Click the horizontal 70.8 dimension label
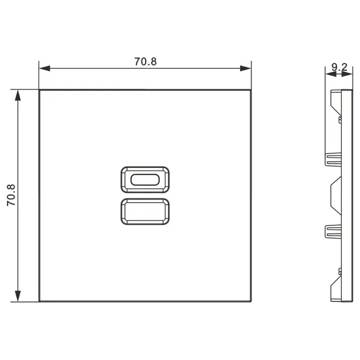tap(145, 61)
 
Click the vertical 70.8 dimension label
tap(11, 195)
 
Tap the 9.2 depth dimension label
tap(339, 68)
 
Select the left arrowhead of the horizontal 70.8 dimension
tap(45, 68)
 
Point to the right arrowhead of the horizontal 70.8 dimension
tap(245, 68)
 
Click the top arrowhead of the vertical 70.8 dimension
tap(18, 95)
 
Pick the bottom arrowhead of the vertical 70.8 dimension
tap(18, 296)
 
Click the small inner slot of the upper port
tap(145, 179)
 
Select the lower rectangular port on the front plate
tap(145, 212)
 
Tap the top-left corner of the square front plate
tap(39, 90)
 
